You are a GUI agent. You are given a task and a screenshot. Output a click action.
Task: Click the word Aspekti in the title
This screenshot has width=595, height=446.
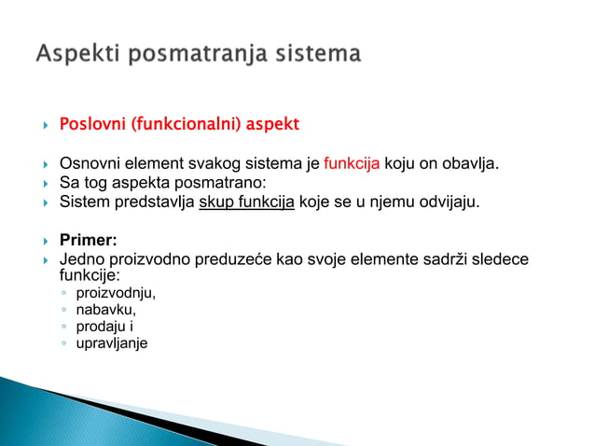78,54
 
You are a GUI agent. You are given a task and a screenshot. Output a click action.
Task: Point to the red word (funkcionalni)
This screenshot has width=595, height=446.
189,124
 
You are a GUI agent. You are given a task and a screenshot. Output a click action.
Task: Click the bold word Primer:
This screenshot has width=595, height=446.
88,240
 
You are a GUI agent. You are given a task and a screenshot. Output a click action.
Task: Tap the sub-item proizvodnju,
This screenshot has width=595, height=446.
116,294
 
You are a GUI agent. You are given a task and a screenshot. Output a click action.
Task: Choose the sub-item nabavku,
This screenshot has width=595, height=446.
105,310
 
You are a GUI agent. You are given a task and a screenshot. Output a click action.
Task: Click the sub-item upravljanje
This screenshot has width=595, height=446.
111,342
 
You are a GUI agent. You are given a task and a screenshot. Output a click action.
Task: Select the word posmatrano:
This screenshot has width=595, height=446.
221,182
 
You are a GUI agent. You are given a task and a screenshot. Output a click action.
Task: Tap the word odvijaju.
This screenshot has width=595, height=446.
449,200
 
